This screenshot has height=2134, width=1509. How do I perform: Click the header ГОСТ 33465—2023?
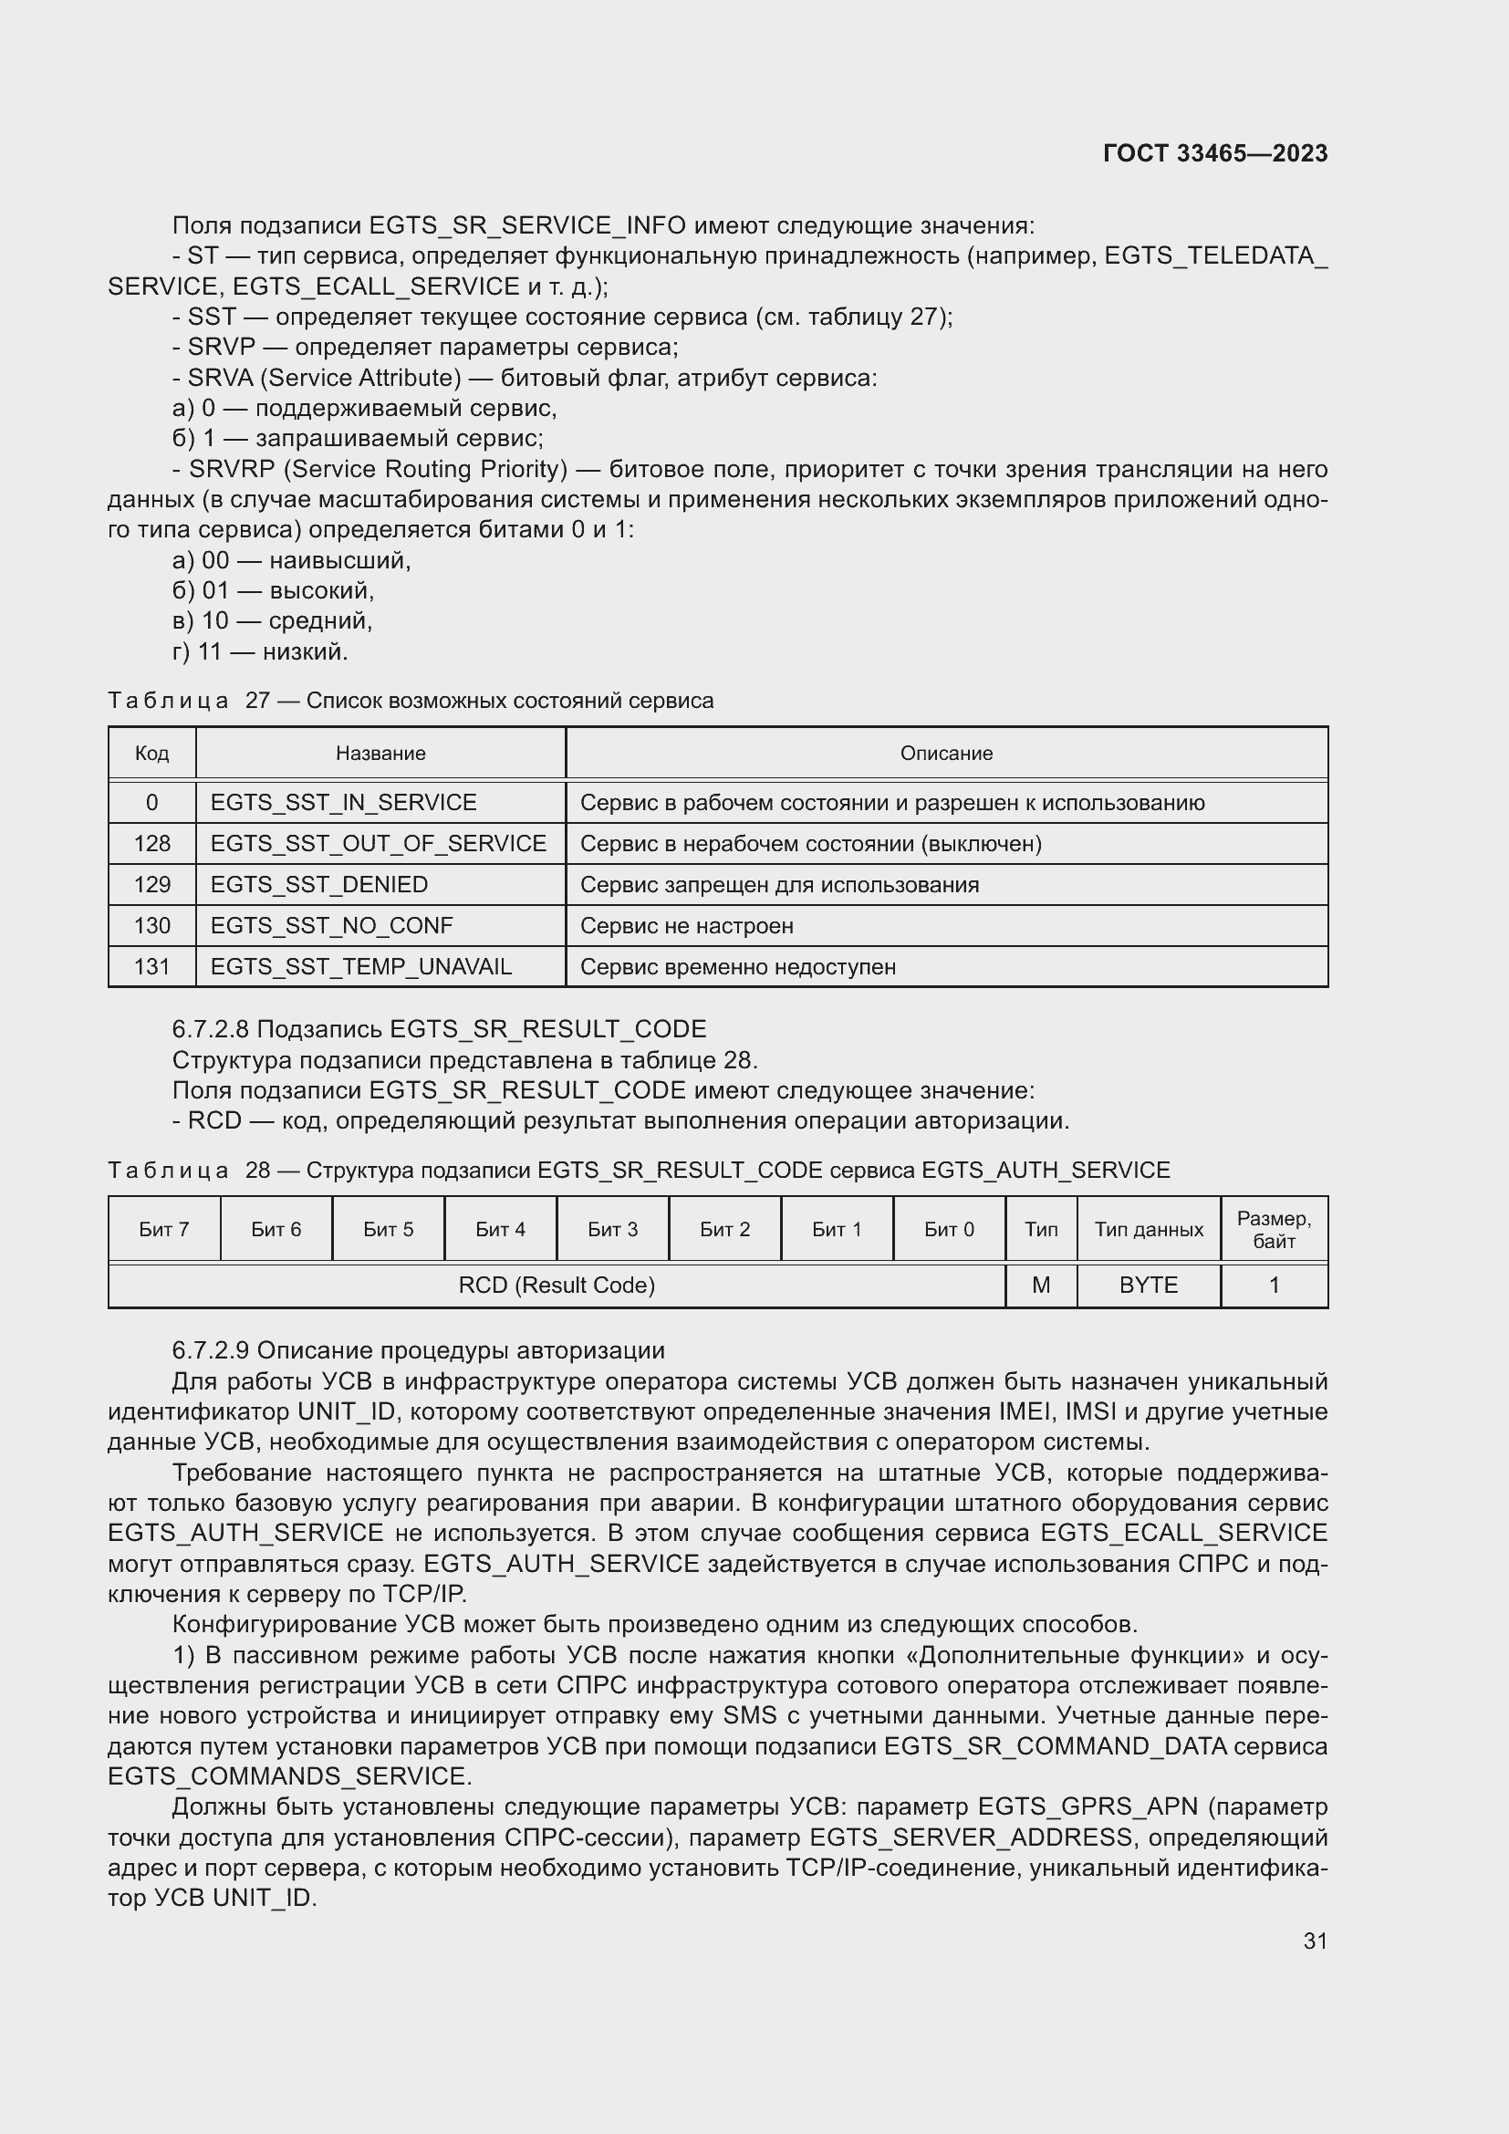coord(1214,153)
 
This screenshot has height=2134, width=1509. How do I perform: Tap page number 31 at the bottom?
coord(1315,1941)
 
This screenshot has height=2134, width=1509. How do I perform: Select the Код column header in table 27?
coord(151,753)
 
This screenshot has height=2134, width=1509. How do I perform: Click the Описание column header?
coord(946,753)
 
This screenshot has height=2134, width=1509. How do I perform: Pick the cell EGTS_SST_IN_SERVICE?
coord(343,802)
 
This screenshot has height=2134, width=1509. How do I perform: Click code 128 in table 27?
coord(151,843)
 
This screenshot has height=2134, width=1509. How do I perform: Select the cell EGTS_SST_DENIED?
coord(318,884)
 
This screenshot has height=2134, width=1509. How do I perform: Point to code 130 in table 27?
coord(151,925)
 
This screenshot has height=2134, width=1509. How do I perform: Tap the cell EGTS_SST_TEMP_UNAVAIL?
coord(360,966)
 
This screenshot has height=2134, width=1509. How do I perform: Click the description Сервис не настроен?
coord(687,926)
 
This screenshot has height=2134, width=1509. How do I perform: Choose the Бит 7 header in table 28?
coord(163,1229)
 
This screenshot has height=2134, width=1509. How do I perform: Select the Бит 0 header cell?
coord(949,1229)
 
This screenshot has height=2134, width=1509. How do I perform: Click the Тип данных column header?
coord(1149,1229)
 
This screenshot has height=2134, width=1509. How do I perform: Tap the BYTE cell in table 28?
coord(1149,1285)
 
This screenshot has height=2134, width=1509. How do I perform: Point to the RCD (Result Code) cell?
coord(557,1285)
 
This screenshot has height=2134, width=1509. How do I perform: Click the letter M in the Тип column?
coord(1041,1285)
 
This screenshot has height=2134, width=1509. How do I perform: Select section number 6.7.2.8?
coord(211,1029)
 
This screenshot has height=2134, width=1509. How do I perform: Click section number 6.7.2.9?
coord(211,1349)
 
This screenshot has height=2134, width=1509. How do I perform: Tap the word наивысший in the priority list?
coord(339,560)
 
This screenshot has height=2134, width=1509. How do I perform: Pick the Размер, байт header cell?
coord(1273,1229)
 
